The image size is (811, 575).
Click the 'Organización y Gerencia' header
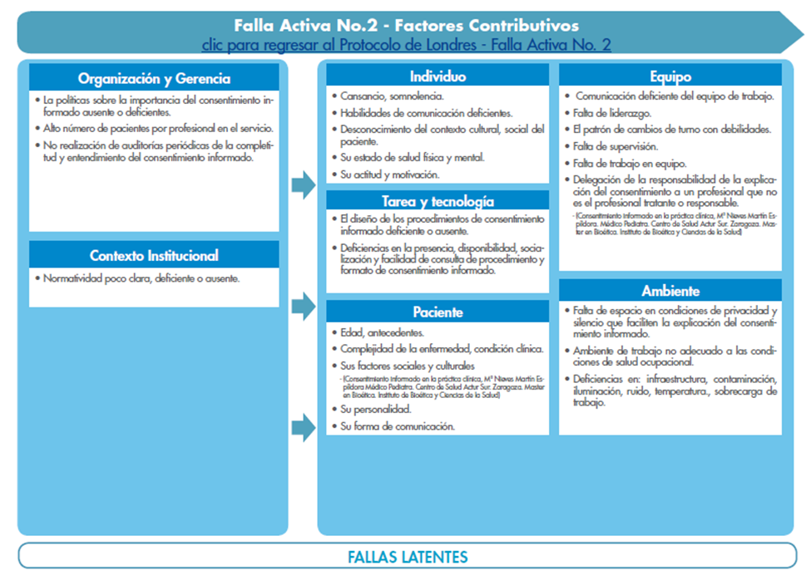tap(154, 79)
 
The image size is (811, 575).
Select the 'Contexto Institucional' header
tap(154, 255)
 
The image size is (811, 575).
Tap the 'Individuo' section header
tap(438, 76)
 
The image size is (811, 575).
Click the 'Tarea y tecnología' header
tap(438, 201)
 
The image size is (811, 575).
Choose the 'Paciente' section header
tap(438, 312)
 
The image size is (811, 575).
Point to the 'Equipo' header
tap(670, 76)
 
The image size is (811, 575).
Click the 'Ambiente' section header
tap(670, 291)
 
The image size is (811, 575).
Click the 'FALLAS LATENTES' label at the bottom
tap(407, 557)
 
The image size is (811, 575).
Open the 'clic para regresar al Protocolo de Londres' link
tap(406, 44)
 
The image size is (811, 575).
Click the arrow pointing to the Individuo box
tap(304, 185)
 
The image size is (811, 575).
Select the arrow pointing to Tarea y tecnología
tap(304, 307)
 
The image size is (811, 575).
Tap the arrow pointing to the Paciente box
tap(304, 428)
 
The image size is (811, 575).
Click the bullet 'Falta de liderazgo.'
tap(612, 112)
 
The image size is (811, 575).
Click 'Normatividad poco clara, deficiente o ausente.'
tap(142, 278)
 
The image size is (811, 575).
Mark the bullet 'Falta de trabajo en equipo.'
tap(624, 163)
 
